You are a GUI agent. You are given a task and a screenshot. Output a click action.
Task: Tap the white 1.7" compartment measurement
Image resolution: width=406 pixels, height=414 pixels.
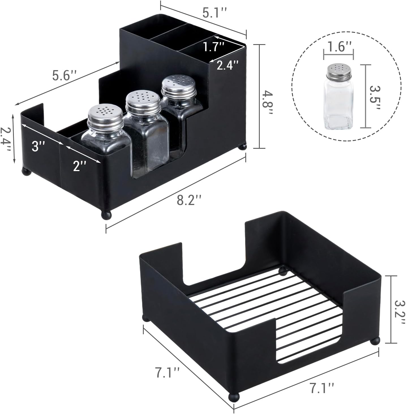214,47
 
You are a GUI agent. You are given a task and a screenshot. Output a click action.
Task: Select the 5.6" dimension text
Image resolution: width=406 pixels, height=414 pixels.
65,75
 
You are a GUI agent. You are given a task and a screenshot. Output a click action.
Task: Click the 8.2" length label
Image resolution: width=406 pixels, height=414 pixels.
189,200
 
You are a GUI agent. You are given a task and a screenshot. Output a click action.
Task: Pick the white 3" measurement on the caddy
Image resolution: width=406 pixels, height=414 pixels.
38,146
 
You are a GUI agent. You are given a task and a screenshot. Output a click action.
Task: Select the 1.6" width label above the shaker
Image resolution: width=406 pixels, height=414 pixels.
338,47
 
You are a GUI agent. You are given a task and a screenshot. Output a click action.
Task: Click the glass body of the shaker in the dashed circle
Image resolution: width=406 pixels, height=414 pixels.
338,105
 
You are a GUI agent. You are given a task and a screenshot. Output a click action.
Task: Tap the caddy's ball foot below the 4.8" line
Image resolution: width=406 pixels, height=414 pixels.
242,147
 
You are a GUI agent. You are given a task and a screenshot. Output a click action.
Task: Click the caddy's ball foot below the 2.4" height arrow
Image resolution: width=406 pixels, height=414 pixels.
26,171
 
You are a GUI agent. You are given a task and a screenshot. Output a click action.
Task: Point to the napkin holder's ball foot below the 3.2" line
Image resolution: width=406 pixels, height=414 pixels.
375,341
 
